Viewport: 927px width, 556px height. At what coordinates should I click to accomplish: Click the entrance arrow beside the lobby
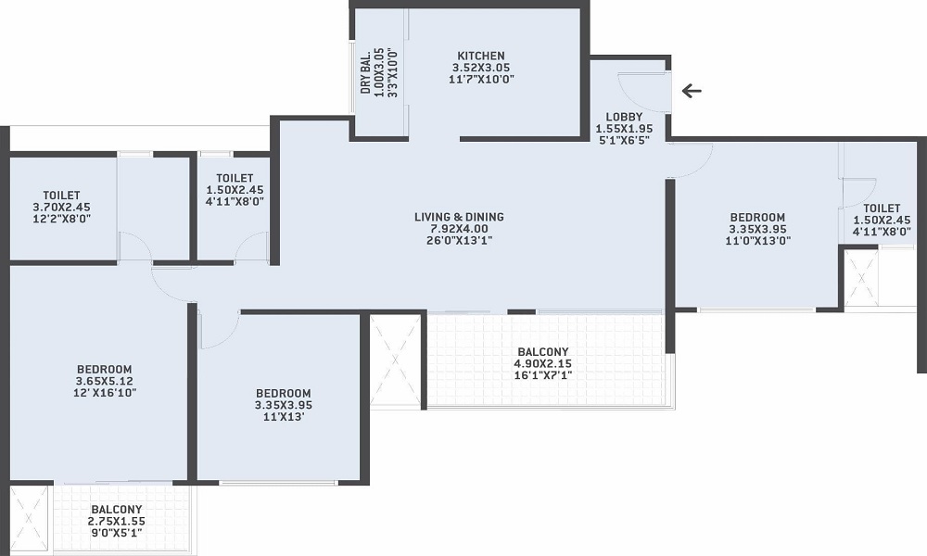(x=692, y=91)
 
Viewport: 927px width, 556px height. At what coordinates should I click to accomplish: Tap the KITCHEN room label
(x=481, y=57)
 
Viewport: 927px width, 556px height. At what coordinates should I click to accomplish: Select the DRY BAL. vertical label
(x=366, y=71)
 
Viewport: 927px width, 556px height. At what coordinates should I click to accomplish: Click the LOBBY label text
(x=624, y=117)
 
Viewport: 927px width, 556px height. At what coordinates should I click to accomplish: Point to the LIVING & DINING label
(x=460, y=217)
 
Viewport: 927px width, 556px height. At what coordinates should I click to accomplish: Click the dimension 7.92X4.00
(x=460, y=229)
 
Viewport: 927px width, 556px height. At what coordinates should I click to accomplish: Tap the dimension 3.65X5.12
(x=104, y=381)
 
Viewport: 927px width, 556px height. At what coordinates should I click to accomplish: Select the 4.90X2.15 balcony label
(x=542, y=363)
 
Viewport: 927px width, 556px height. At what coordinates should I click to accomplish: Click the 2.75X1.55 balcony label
(x=117, y=521)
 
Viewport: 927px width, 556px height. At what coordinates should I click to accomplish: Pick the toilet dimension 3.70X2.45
(x=61, y=207)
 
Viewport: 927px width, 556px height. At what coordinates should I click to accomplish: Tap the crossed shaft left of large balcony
(x=395, y=361)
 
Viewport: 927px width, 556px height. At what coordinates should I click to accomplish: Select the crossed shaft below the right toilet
(x=861, y=277)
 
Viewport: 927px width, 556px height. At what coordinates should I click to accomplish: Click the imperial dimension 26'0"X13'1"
(x=460, y=241)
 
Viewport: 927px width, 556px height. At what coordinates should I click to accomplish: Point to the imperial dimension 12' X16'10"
(x=104, y=392)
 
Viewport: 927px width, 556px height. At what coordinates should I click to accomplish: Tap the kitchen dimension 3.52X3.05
(x=481, y=68)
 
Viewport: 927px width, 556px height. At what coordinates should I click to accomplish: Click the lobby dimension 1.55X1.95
(x=624, y=129)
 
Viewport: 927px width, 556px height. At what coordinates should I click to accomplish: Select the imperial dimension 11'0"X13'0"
(x=758, y=241)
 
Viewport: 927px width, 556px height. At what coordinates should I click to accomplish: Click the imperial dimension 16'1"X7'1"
(x=542, y=375)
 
